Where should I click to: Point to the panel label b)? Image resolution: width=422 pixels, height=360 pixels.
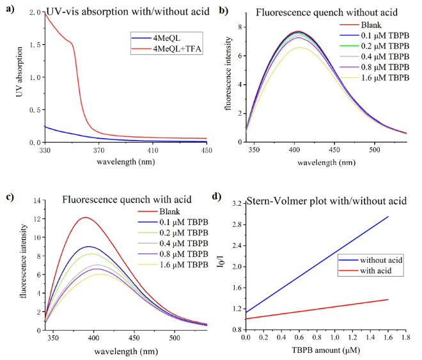(222, 10)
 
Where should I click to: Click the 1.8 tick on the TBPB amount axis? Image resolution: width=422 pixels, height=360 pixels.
(406, 337)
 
